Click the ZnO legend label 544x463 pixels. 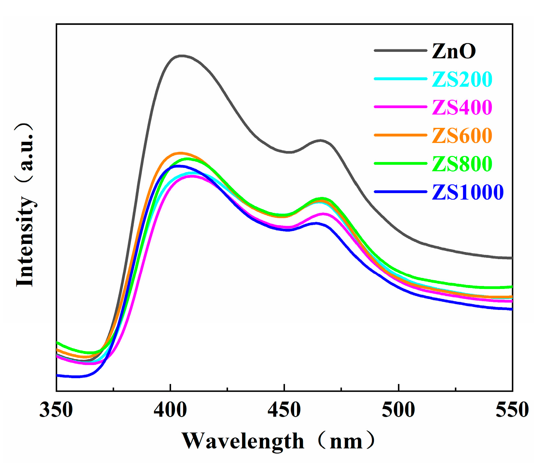(x=453, y=51)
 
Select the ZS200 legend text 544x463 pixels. (x=462, y=79)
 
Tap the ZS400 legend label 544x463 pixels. (x=462, y=107)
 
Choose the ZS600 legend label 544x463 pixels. (x=462, y=136)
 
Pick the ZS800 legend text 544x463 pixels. (x=462, y=164)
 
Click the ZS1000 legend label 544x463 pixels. (x=468, y=192)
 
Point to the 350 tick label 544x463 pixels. (x=56, y=410)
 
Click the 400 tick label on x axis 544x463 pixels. (x=170, y=410)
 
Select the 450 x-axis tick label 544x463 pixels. (x=284, y=410)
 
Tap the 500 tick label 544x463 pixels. (x=398, y=410)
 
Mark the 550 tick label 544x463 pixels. (x=512, y=410)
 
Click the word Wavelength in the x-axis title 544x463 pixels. (x=243, y=441)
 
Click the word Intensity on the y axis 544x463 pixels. (x=25, y=241)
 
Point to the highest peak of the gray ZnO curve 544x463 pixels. (x=181, y=56)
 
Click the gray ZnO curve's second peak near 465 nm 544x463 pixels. (x=320, y=140)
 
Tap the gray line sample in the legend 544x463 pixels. (x=400, y=50)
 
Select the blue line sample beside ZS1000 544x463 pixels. (x=400, y=192)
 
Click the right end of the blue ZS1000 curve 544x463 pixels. (x=511, y=309)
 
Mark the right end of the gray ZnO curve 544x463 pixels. (x=511, y=258)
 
